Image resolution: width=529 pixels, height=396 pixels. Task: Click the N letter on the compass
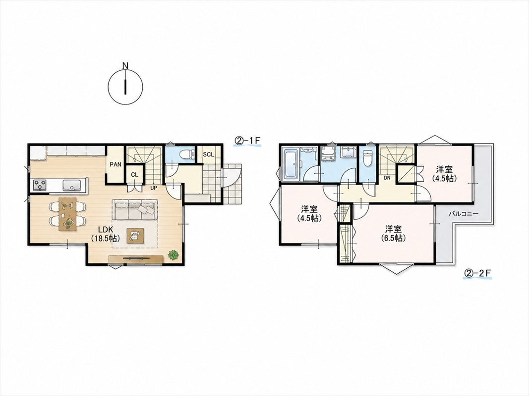(x=125, y=65)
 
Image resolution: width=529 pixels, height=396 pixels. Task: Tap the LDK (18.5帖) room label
(x=105, y=234)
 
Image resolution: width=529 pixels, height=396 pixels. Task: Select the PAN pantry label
(x=116, y=165)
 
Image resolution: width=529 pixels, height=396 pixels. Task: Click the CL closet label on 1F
(x=135, y=175)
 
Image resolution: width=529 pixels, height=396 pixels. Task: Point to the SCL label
(x=209, y=154)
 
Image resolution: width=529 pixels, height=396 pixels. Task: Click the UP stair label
(x=154, y=188)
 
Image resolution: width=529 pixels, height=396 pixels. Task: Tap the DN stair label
(x=387, y=178)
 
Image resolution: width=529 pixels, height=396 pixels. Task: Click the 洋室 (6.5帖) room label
(x=393, y=234)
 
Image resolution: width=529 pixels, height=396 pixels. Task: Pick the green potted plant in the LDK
(x=174, y=254)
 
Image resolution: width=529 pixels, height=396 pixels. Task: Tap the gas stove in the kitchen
(x=40, y=185)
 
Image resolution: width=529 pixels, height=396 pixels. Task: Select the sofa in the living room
(x=135, y=209)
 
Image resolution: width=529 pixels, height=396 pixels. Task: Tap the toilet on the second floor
(x=367, y=158)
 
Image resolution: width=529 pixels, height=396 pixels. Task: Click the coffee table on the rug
(x=135, y=236)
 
